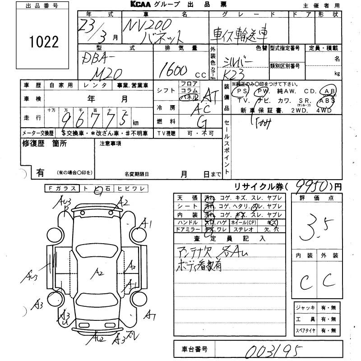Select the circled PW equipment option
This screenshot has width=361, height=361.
262,91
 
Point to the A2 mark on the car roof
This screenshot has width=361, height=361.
100,272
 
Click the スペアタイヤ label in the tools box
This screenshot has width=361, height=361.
305,330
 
